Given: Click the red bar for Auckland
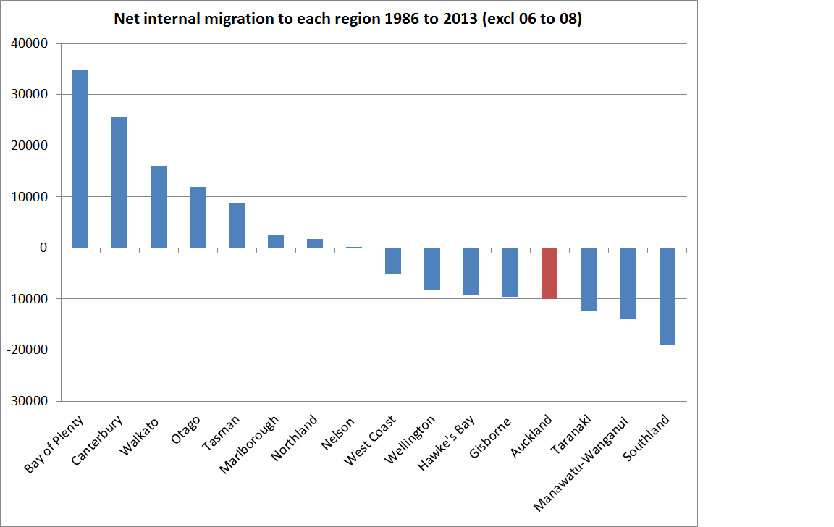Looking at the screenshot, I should pyautogui.click(x=549, y=273).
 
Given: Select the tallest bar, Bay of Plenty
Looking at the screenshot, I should pyautogui.click(x=80, y=159).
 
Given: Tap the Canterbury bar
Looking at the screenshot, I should pyautogui.click(x=119, y=182).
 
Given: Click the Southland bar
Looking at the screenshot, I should pyautogui.click(x=667, y=296).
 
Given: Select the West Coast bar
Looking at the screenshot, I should pyautogui.click(x=393, y=261).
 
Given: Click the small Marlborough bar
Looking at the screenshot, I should pyautogui.click(x=276, y=241).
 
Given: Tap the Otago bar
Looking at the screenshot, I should pyautogui.click(x=198, y=217).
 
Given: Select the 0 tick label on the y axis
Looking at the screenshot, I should pyautogui.click(x=43, y=248).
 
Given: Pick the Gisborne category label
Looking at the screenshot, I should pyautogui.click(x=491, y=438).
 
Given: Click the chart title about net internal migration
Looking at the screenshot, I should pyautogui.click(x=348, y=20).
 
